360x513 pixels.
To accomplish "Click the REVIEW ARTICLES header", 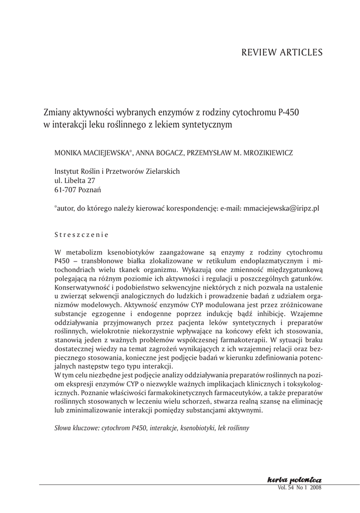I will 282,52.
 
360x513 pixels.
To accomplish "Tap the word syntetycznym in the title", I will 206,124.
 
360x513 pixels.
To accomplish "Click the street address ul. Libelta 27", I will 74,180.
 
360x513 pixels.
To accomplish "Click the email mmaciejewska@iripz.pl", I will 281,208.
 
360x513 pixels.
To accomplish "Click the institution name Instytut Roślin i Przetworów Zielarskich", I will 117,171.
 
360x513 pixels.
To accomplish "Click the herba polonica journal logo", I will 294,480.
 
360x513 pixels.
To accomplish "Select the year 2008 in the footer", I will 315,487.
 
